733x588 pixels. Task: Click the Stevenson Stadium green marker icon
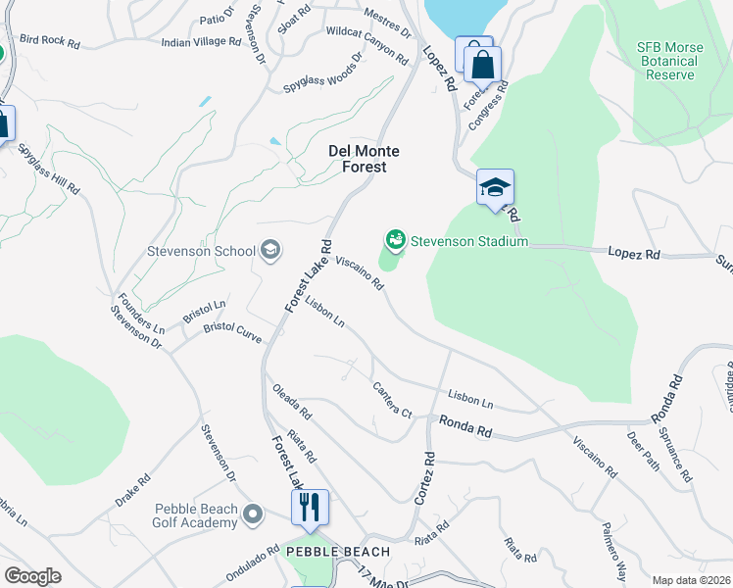[395, 239]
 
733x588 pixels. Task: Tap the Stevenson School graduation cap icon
[270, 251]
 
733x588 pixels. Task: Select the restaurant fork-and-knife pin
[310, 507]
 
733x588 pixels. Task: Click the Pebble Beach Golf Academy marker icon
[254, 514]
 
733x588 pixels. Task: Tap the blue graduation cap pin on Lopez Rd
[495, 187]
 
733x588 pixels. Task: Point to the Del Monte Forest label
[357, 159]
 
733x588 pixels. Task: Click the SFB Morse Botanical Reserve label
[666, 61]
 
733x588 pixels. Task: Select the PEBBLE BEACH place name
[337, 552]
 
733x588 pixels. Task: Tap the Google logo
[32, 576]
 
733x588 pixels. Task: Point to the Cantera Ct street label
[392, 400]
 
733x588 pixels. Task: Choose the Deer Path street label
[644, 452]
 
